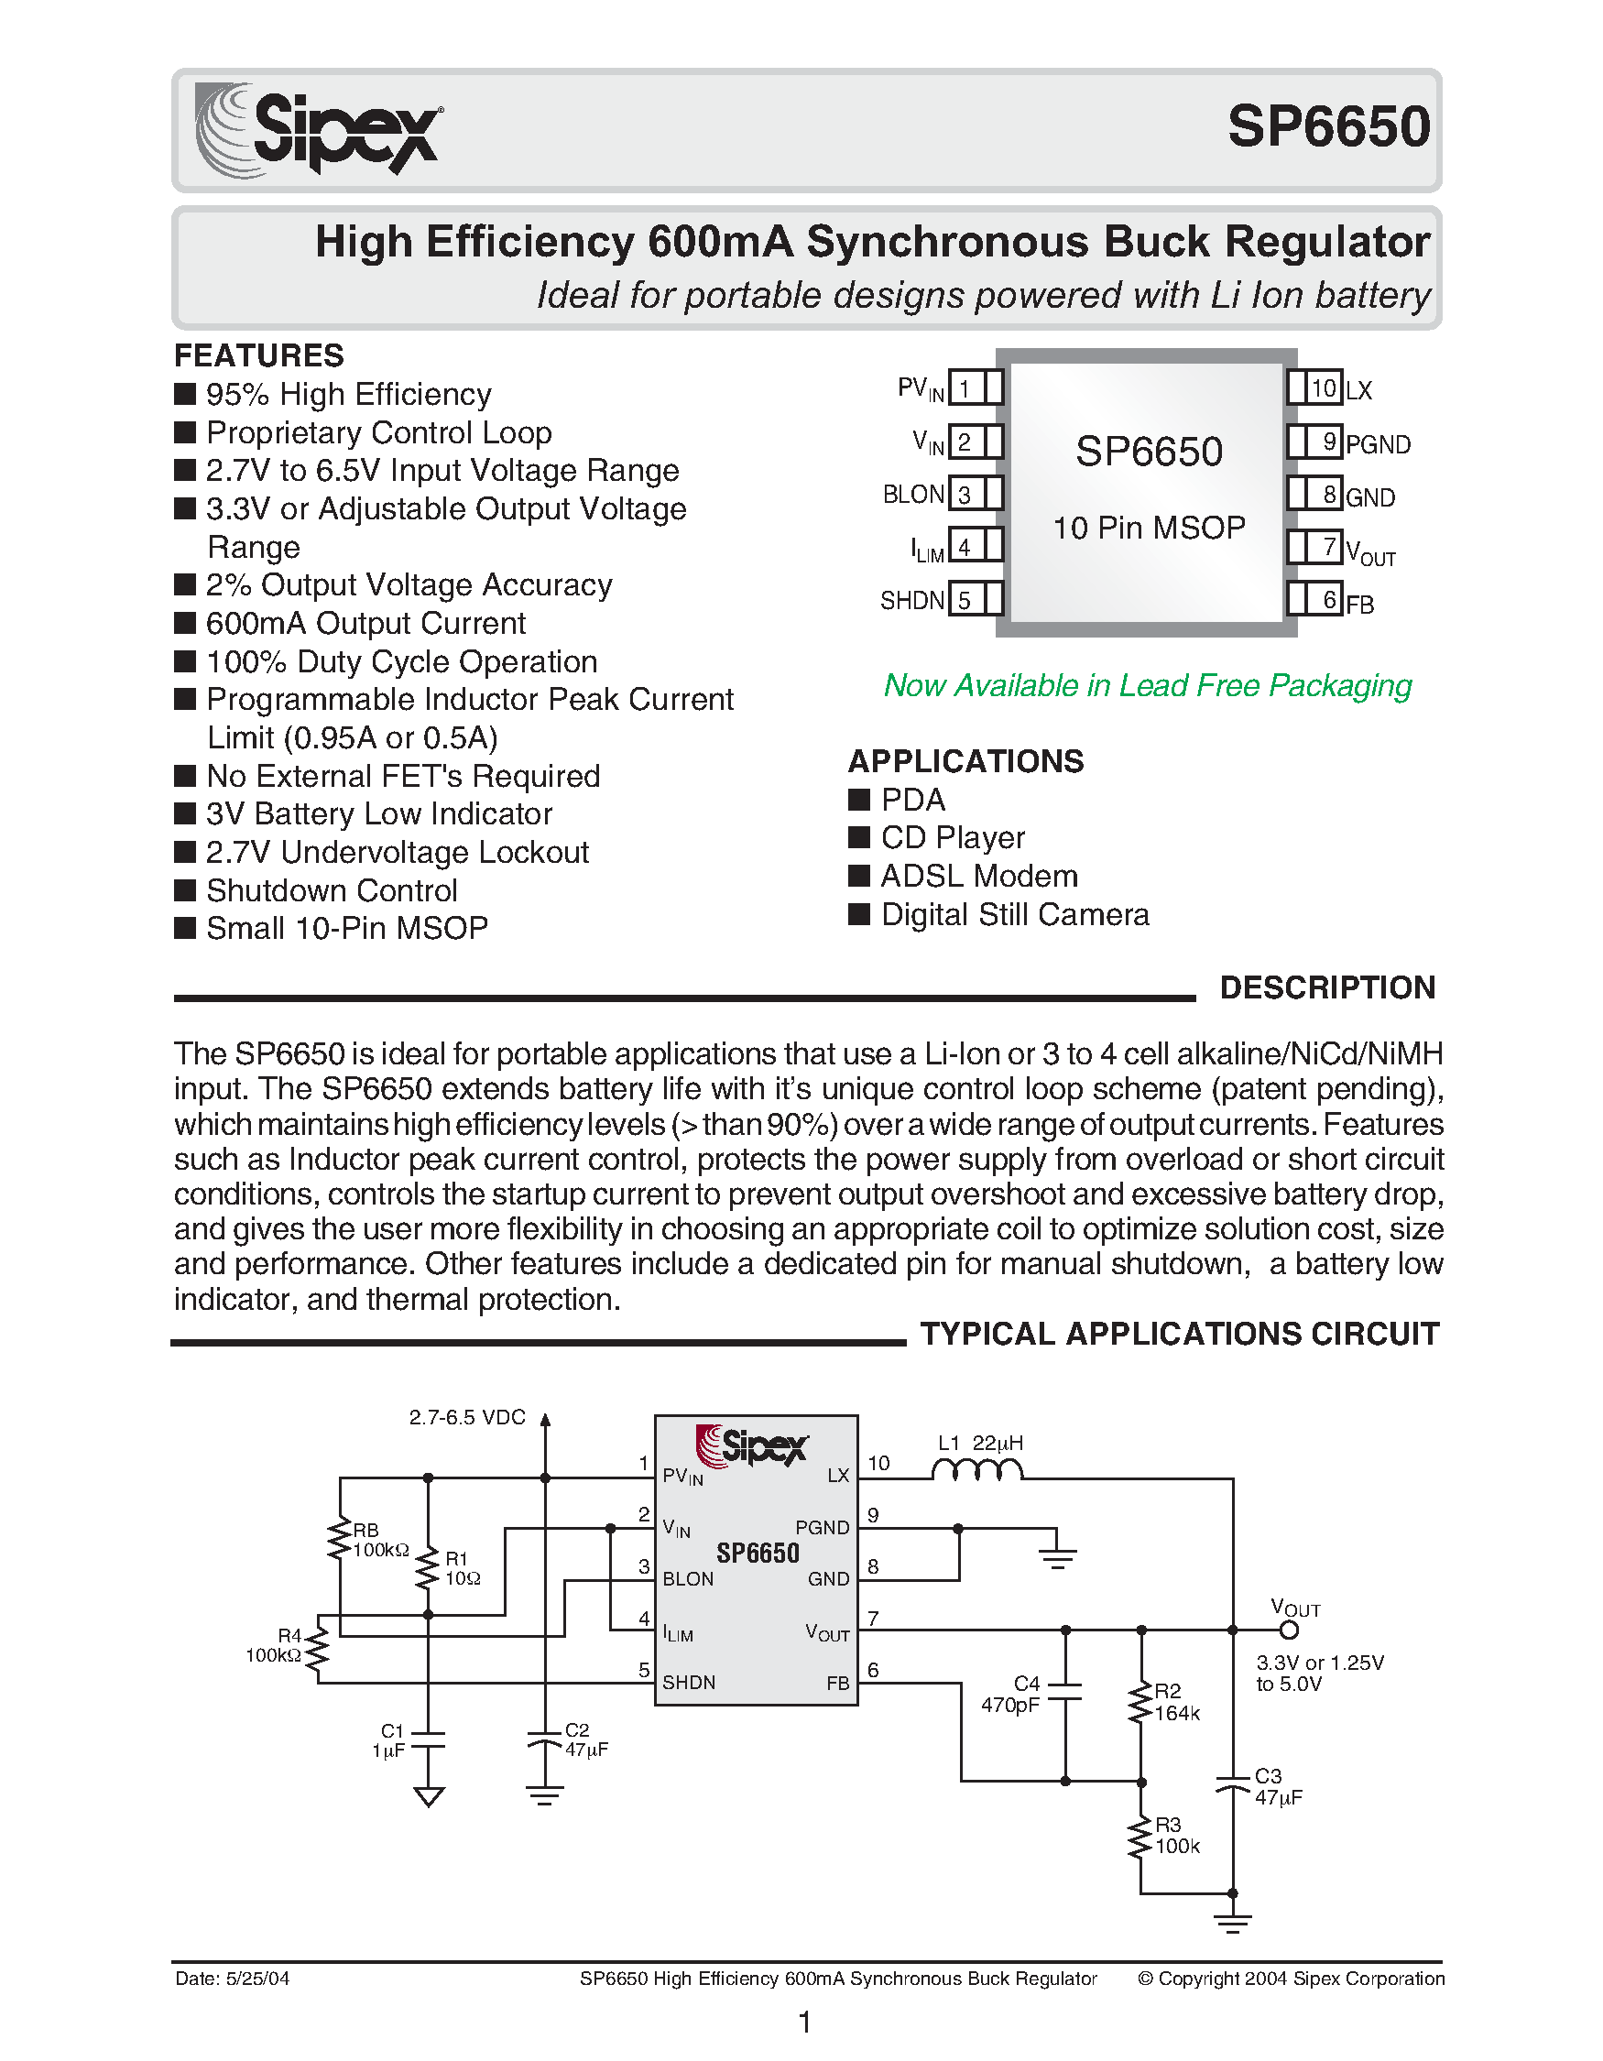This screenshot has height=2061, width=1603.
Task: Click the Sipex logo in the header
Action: coord(319,130)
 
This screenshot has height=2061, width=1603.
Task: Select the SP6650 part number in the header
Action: coord(1328,126)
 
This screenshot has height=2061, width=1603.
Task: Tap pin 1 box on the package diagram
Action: coord(965,387)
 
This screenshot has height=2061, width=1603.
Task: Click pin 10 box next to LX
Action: coord(1324,387)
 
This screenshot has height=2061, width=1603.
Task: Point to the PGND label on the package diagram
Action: coord(1378,444)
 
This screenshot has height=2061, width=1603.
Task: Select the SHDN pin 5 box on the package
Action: coord(965,600)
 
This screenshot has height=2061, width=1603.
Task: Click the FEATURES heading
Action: coord(258,355)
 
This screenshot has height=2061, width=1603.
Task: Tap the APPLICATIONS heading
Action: coord(965,761)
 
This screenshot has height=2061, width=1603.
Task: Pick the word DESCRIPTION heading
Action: coord(1326,988)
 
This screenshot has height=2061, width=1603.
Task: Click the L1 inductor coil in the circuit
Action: coord(976,1470)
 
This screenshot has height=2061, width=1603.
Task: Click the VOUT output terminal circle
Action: coord(1288,1630)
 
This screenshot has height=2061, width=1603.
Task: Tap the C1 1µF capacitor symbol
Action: coord(429,1739)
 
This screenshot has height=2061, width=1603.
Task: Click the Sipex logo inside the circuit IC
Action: coord(752,1445)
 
